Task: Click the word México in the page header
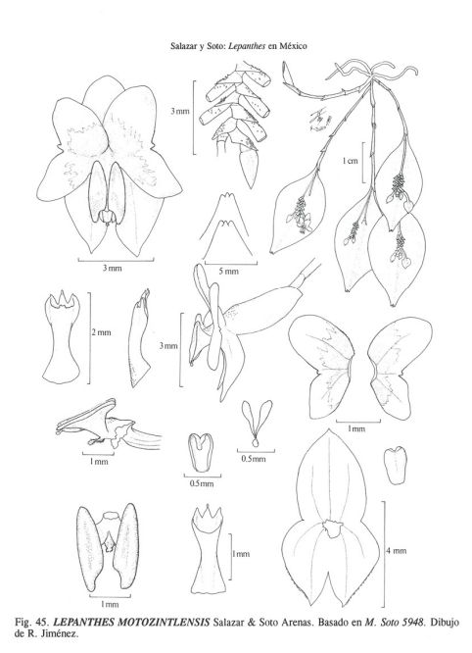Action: point(293,46)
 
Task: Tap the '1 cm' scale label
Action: point(351,161)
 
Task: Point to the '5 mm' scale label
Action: point(229,272)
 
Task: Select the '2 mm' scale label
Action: point(102,332)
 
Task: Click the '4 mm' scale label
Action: point(396,551)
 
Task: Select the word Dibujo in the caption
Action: point(445,623)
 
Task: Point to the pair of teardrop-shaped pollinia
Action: point(257,423)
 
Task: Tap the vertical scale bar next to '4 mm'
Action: point(383,554)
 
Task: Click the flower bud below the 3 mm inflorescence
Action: point(251,168)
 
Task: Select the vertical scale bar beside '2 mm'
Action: point(89,337)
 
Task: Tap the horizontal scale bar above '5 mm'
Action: point(231,264)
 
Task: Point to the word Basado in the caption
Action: point(333,623)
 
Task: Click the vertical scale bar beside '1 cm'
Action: point(363,163)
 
